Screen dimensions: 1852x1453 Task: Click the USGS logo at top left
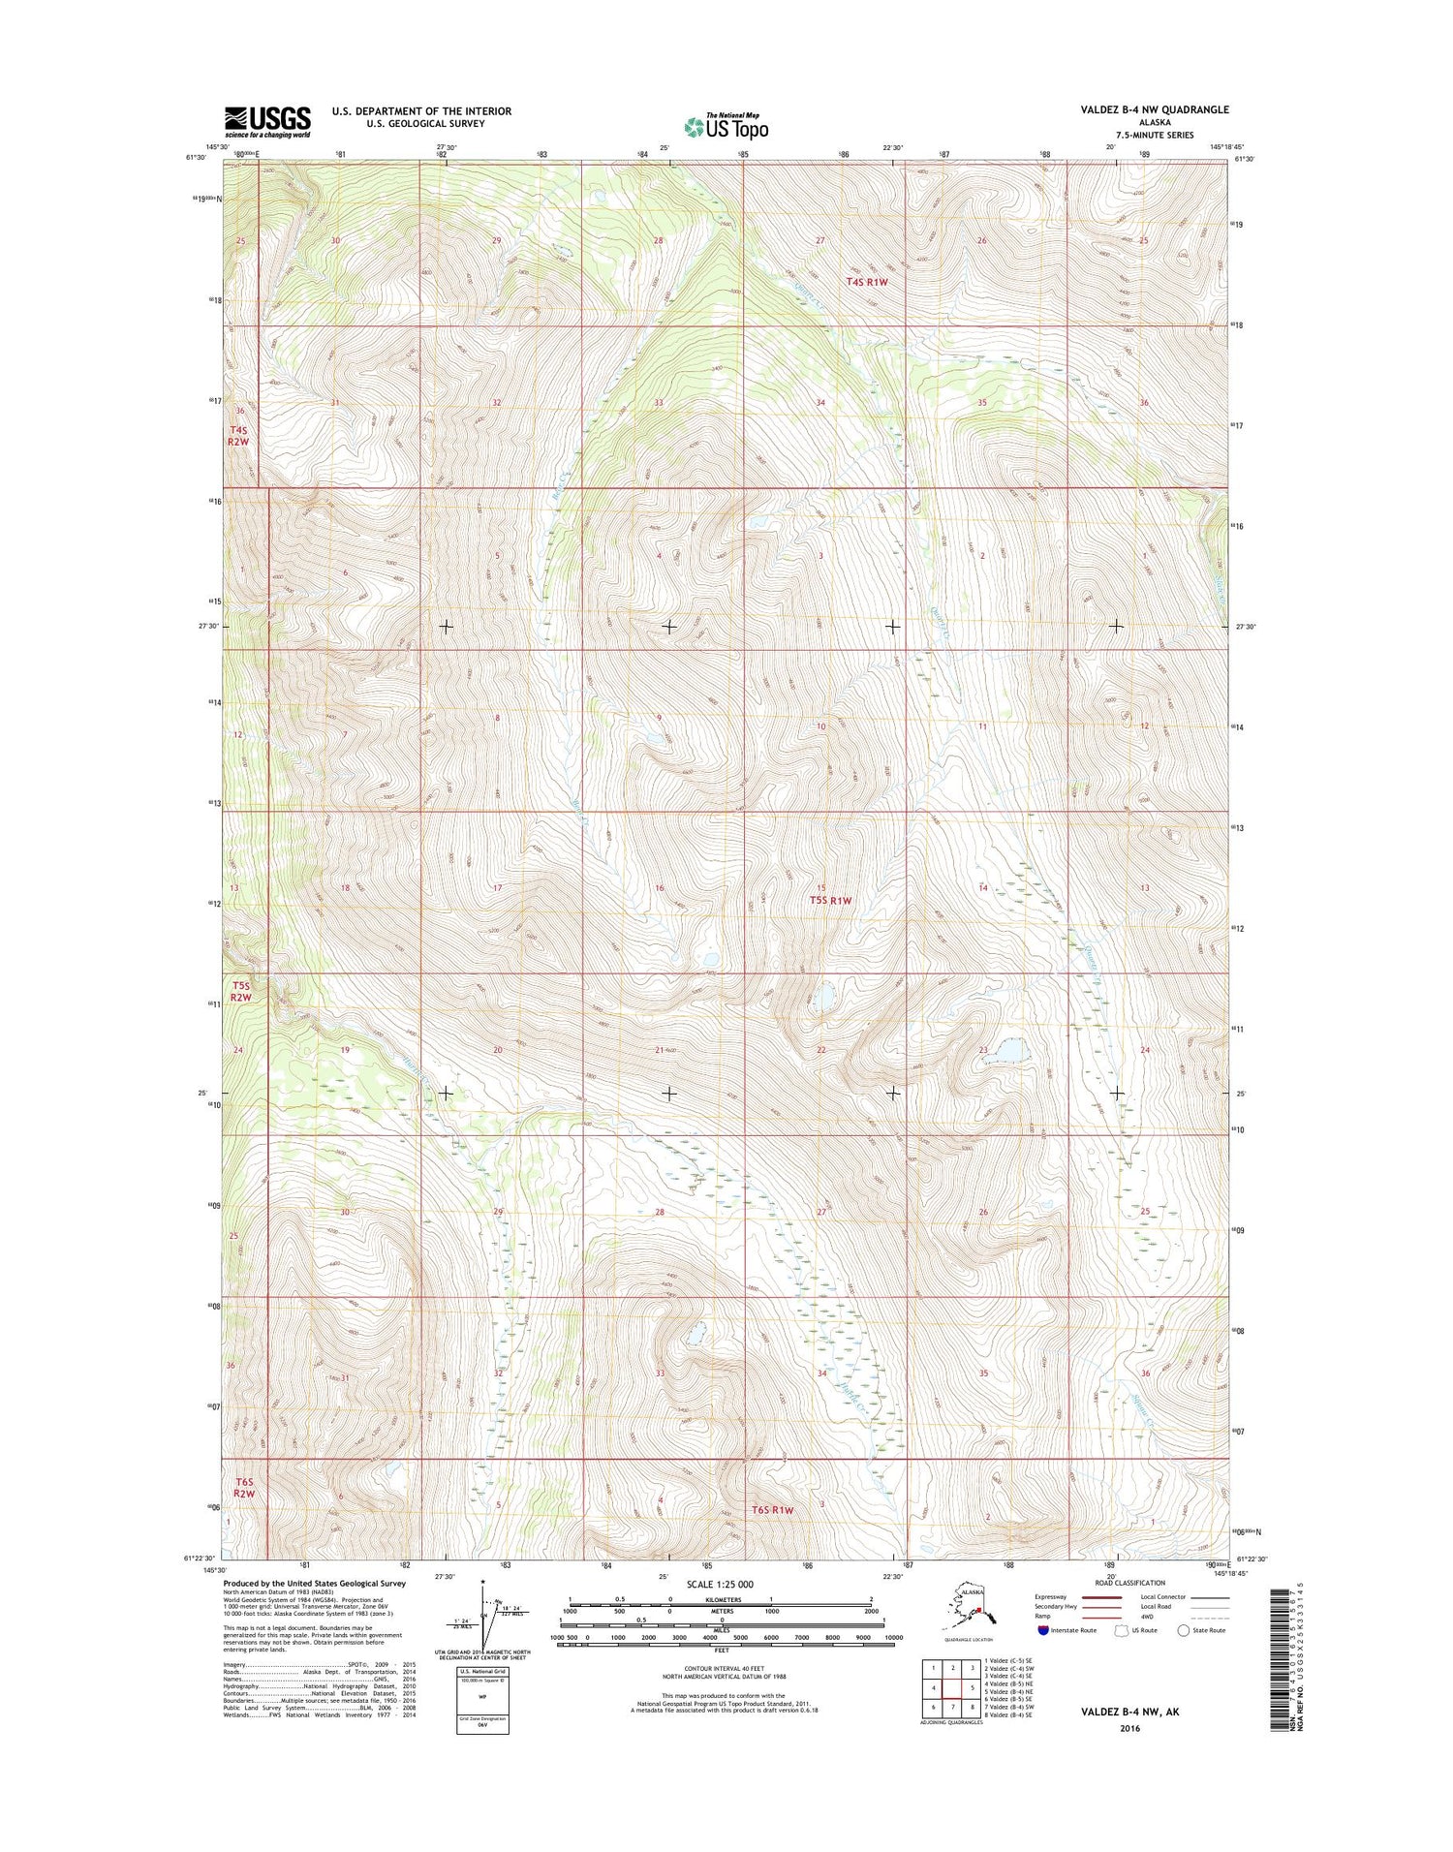click(267, 121)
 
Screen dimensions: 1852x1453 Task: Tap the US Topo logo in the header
click(726, 126)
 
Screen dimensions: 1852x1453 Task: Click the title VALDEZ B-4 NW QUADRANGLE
click(1154, 109)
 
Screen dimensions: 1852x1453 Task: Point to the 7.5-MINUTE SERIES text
click(1155, 135)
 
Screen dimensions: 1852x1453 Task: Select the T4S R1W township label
click(867, 282)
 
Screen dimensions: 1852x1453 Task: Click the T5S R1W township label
click(830, 900)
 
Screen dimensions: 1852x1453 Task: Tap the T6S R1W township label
click(772, 1510)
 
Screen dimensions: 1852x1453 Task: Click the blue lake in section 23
click(1010, 1050)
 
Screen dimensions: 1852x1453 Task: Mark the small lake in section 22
click(824, 996)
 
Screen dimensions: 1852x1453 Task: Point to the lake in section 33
click(694, 1336)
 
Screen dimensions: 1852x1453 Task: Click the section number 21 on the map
click(660, 1050)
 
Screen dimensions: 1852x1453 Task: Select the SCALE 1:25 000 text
click(721, 1584)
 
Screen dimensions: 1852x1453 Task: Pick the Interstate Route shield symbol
click(1042, 1630)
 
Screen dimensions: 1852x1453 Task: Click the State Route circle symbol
click(1183, 1630)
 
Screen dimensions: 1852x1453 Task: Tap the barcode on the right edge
click(1283, 1656)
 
